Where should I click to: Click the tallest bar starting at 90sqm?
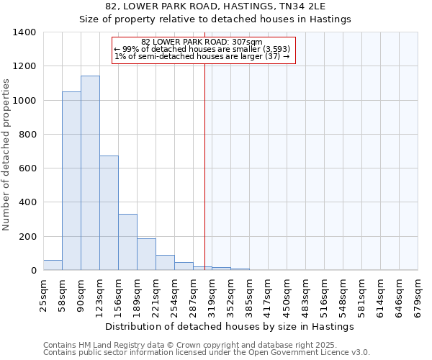pos(90,173)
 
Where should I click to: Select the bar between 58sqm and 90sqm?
pos(71,181)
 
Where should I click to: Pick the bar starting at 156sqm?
pos(127,242)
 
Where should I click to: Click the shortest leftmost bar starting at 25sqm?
pos(53,265)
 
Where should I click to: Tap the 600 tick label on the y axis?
pos(27,168)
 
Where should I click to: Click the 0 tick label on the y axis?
pos(33,271)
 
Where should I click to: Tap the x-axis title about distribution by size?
pos(235,326)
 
